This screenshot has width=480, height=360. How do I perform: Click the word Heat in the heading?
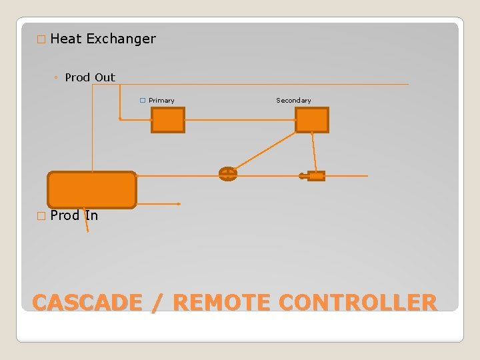tap(66, 39)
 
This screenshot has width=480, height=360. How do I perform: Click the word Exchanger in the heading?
tap(121, 39)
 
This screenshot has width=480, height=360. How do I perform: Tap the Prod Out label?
tap(90, 77)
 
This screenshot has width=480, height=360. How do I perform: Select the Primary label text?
tap(161, 101)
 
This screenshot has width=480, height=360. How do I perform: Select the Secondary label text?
tap(293, 101)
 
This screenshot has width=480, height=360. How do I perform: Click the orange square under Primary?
tap(167, 121)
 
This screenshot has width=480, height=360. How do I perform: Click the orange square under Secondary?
tap(312, 121)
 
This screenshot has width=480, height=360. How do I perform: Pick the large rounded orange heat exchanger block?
tap(92, 190)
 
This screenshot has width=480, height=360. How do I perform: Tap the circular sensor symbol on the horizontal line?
tap(228, 174)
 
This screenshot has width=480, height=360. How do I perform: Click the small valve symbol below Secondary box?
tap(314, 176)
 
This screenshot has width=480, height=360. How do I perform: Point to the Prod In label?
tap(74, 215)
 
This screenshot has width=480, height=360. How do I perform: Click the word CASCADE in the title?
tap(87, 303)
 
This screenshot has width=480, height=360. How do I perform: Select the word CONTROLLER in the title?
tap(358, 303)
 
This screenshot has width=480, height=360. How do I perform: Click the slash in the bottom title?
tap(157, 303)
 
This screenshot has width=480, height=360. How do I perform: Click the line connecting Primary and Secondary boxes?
tap(240, 120)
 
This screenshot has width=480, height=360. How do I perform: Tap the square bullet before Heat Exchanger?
tap(41, 39)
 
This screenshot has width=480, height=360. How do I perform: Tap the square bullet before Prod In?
tap(41, 216)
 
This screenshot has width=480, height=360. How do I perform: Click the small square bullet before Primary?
tap(143, 101)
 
